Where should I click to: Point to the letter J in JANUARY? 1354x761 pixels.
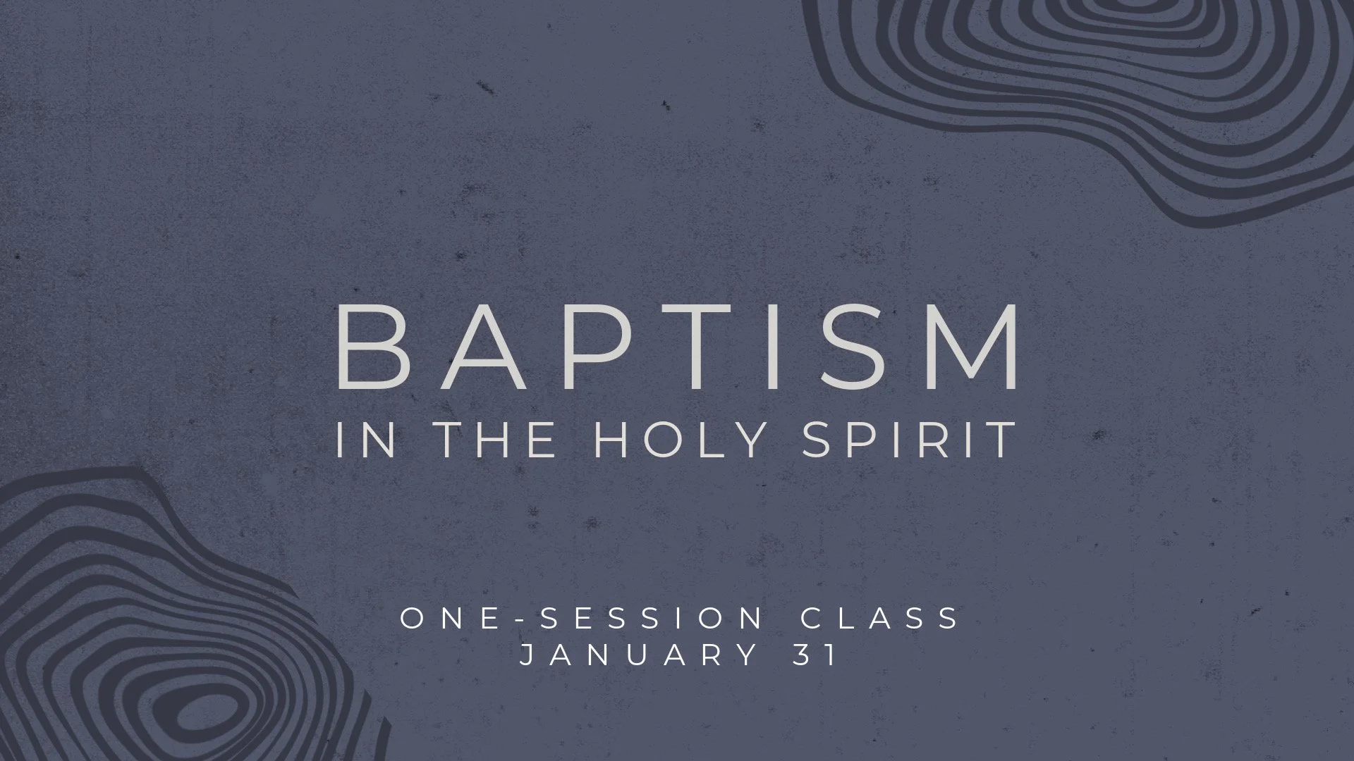pos(527,655)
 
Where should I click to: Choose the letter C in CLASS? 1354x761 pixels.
pos(811,619)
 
